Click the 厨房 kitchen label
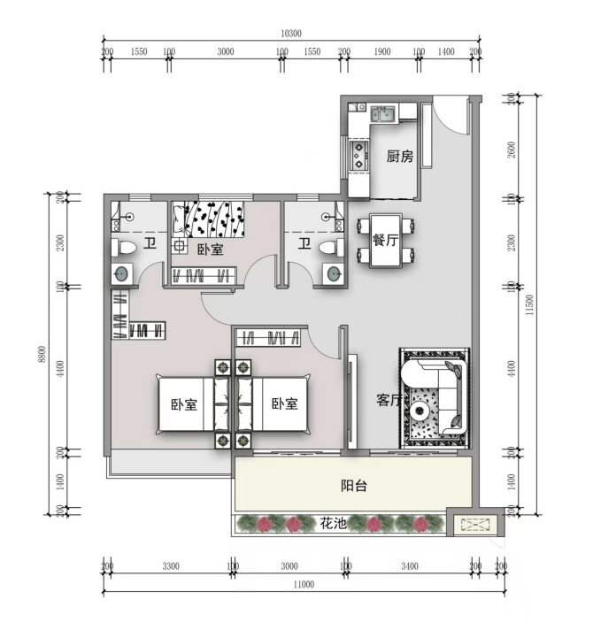(x=400, y=157)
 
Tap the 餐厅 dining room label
(x=385, y=241)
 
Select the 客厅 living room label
(x=389, y=400)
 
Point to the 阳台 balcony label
(x=354, y=486)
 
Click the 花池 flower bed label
(x=333, y=524)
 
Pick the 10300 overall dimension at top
(x=291, y=34)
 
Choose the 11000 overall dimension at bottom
(x=304, y=584)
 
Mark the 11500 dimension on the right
(x=529, y=305)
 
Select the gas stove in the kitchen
(x=358, y=155)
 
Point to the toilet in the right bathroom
(x=331, y=247)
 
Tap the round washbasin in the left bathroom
(x=121, y=274)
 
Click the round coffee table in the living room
(x=420, y=411)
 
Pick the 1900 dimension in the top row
(x=382, y=51)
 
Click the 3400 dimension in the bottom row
(x=410, y=566)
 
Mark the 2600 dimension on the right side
(x=512, y=150)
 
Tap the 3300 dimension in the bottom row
(x=171, y=566)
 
